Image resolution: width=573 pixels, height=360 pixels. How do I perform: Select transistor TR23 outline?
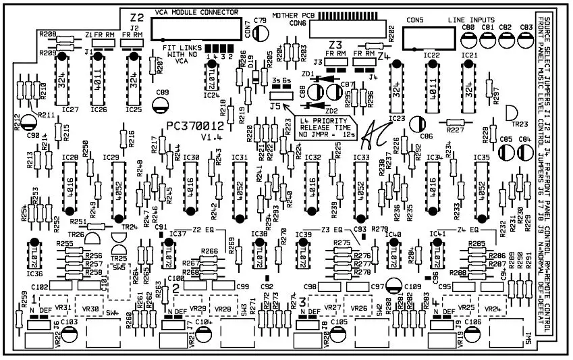[x=512, y=113]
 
